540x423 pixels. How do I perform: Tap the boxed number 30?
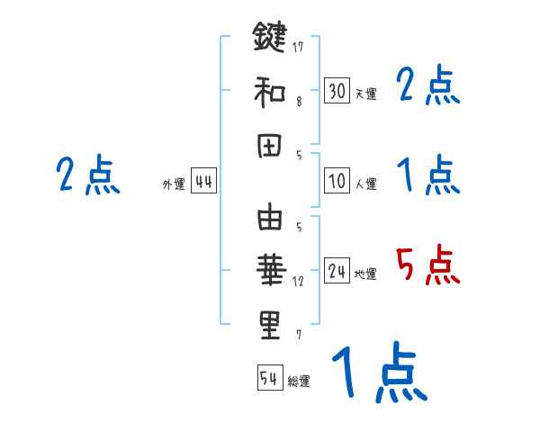pos(337,91)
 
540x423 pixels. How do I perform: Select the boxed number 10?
pos(337,181)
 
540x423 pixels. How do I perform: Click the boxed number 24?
pos(337,271)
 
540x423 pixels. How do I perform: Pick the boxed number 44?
pos(203,182)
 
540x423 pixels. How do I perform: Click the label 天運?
pos(366,94)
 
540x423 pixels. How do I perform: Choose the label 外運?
pos(174,184)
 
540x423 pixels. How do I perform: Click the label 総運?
pos(300,381)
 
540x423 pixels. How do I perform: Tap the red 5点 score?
pos(427,266)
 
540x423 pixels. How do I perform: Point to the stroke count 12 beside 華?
pos(299,281)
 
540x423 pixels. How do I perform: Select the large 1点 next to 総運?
pos(378,373)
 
